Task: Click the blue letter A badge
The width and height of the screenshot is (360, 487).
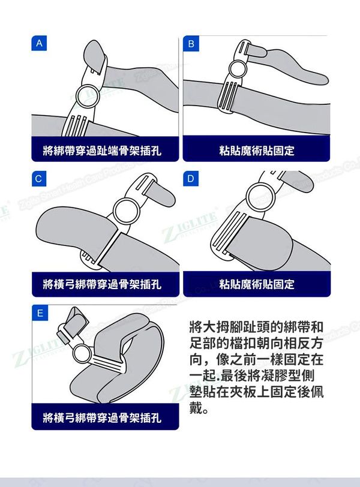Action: coord(39,43)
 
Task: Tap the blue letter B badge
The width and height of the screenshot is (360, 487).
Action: coord(191,43)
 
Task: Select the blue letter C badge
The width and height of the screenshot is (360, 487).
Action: coord(39,179)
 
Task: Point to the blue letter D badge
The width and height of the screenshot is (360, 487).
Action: coord(191,179)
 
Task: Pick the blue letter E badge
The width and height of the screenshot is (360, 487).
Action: coord(40,312)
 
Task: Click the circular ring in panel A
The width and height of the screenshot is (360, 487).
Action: coord(76,97)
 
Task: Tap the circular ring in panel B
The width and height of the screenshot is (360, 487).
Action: coord(229,69)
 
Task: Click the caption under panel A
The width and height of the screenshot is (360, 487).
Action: coord(102,151)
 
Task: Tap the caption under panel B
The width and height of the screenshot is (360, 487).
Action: coord(257,151)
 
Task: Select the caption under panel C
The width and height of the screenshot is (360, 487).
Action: coord(102,284)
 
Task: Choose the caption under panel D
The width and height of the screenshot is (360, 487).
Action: coord(257,284)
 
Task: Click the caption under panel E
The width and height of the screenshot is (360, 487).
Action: coord(102,417)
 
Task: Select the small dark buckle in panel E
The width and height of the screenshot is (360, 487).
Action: coord(63,337)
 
